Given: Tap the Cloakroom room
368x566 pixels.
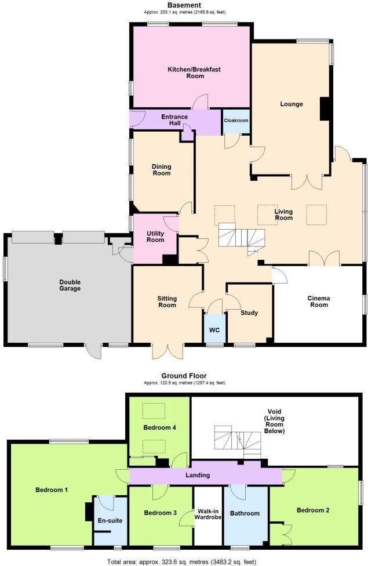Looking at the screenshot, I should pos(236,121).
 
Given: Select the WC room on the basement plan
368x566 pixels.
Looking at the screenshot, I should pos(214,329).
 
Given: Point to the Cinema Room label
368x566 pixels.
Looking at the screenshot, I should pos(318,302).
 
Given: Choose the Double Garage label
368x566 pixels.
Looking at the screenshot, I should pos(70,285).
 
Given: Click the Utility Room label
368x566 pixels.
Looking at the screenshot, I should pos(155,236).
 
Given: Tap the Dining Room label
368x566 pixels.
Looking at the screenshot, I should pos(161,170).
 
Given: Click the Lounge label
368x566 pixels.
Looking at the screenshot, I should pos(292,104).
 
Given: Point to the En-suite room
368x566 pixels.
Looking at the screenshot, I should pos(111,520).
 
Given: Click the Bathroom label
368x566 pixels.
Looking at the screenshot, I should pos(245,513).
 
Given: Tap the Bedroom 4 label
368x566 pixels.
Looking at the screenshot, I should pos(159,427).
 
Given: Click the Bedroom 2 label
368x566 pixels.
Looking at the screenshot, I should pos(313,510).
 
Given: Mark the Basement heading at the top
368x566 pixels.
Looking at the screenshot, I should pos(184,5).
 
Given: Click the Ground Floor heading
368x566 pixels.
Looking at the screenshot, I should pos(184,376).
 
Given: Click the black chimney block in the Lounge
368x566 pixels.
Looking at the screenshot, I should pos(325,108).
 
